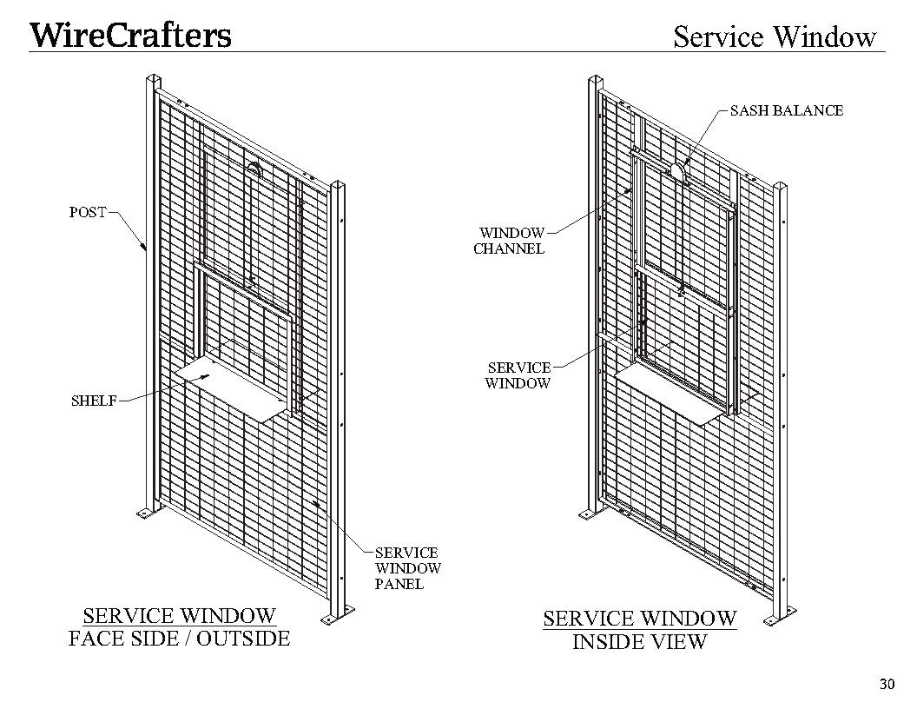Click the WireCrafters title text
coord(130,35)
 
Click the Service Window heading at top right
coord(775,36)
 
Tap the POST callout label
coord(88,212)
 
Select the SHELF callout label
coord(94,401)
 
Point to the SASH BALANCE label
coord(787,110)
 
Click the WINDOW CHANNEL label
coord(510,241)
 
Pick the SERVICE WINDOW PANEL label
coord(408,568)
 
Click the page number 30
coord(887,684)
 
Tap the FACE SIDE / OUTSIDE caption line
coord(179,639)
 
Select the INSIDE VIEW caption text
coord(640,642)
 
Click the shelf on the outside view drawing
coord(246,381)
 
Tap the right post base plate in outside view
coord(338,615)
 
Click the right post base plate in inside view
coord(780,616)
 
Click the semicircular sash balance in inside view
coord(676,170)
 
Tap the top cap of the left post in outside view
coord(154,78)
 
